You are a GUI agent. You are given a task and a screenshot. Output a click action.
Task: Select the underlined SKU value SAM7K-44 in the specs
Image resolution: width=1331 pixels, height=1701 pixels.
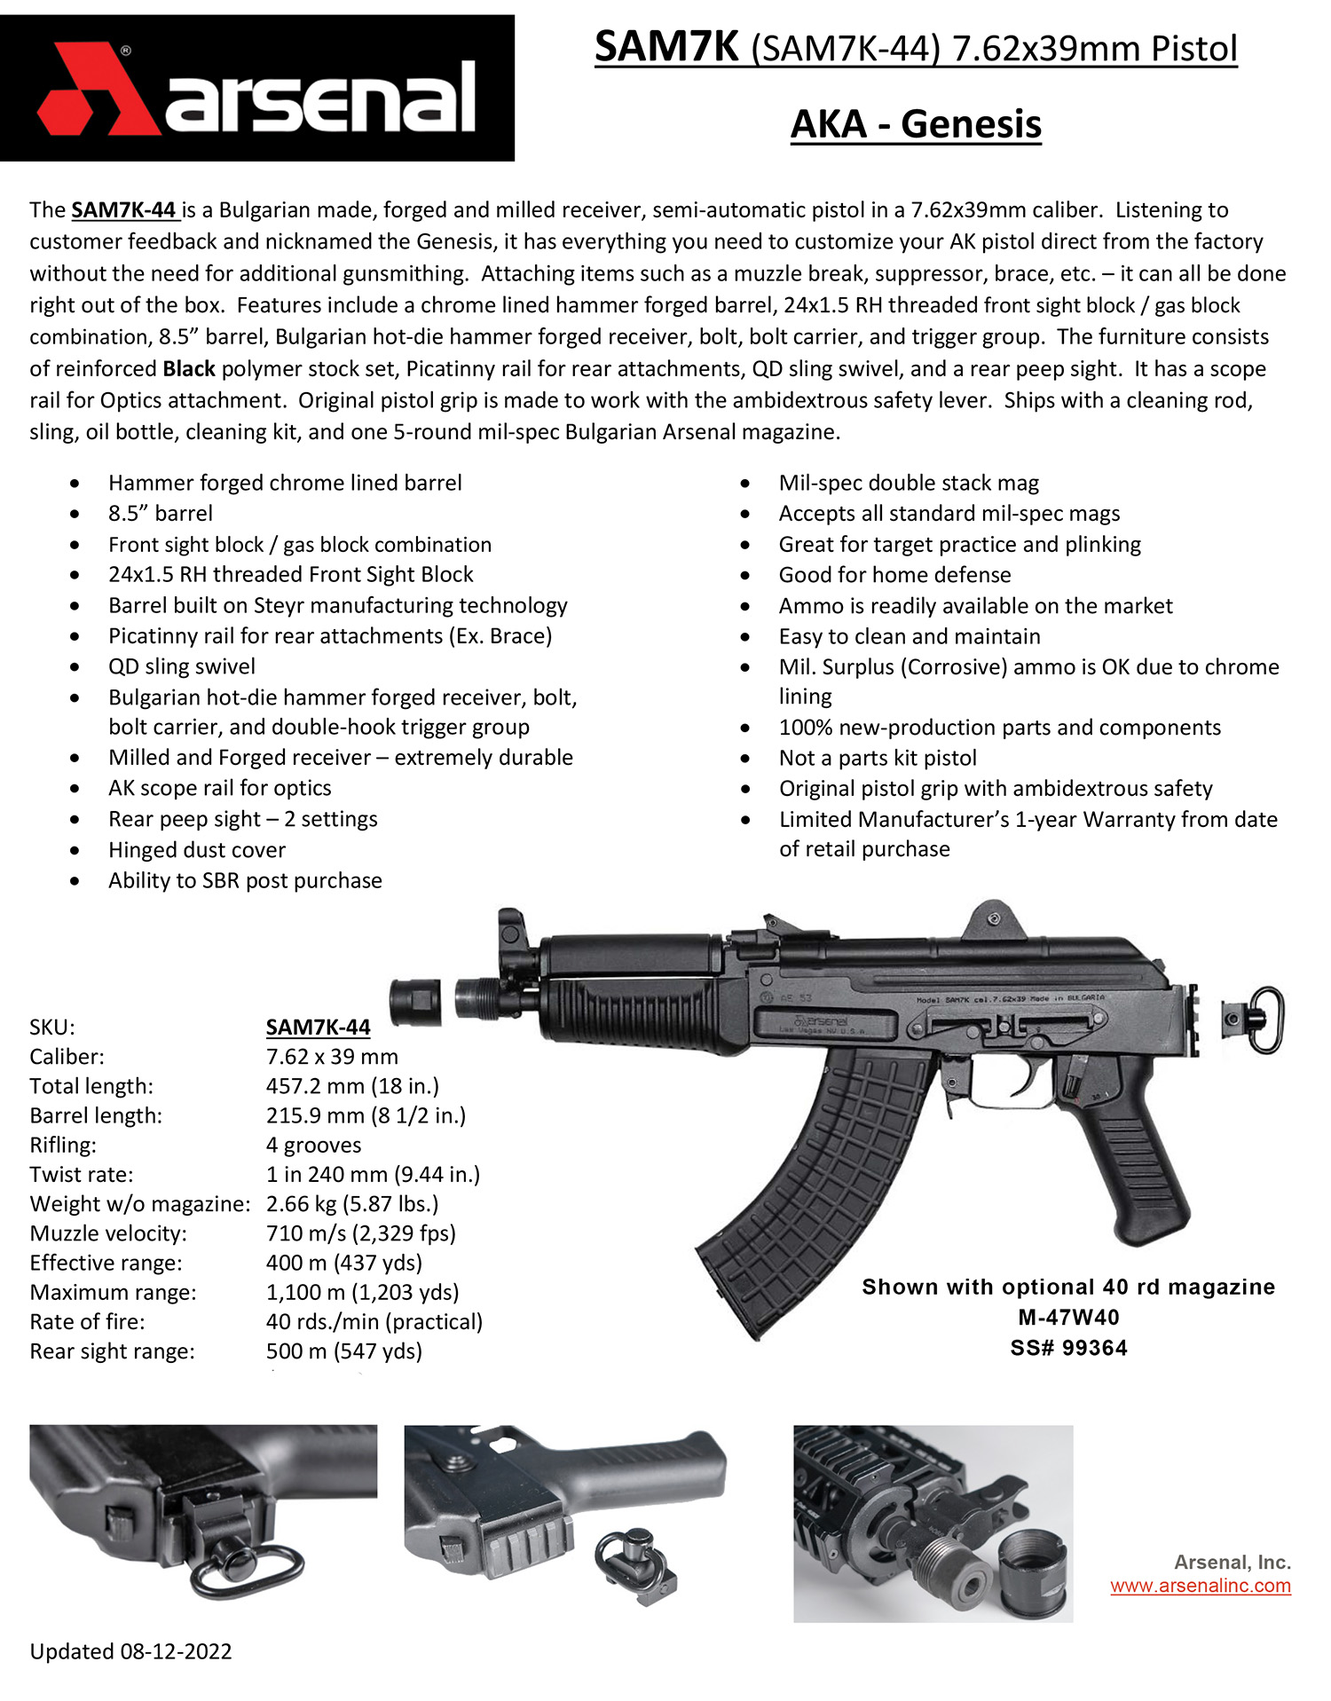(318, 1027)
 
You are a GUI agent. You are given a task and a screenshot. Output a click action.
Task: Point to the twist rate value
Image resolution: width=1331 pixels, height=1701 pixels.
(373, 1174)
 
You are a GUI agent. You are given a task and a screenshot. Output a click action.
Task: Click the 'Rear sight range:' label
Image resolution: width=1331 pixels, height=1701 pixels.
(112, 1351)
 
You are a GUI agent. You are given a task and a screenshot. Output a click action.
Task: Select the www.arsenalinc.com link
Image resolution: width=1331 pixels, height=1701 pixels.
(1200, 1586)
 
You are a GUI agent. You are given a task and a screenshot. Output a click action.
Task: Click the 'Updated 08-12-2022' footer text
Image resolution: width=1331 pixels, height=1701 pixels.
(130, 1651)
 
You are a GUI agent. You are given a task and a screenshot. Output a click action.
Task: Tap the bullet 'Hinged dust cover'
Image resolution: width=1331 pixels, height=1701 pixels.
(197, 849)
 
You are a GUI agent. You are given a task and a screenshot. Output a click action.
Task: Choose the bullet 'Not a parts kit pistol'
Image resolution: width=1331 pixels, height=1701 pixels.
(877, 758)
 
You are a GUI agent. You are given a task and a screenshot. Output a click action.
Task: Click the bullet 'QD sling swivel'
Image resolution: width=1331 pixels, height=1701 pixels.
(181, 665)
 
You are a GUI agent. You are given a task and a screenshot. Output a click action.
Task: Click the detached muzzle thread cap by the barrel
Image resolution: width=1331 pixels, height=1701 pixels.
(415, 1003)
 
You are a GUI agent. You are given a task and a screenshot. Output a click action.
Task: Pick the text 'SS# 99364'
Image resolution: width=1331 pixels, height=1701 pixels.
(1068, 1348)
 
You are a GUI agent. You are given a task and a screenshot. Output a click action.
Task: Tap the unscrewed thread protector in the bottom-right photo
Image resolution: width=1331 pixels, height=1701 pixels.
(1032, 1575)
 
